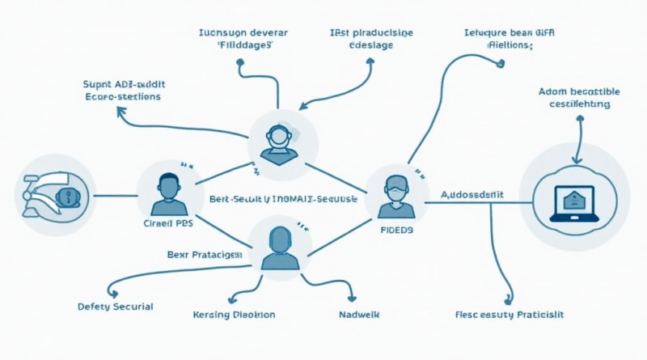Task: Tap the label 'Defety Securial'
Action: (x=115, y=307)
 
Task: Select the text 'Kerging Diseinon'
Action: (x=235, y=314)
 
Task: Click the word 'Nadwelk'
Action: (x=357, y=313)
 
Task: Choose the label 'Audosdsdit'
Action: (x=472, y=195)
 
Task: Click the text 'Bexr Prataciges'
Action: (x=205, y=255)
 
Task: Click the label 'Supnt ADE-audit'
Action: (x=121, y=83)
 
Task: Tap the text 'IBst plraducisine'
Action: (x=371, y=32)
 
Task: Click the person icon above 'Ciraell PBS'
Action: (x=167, y=188)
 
